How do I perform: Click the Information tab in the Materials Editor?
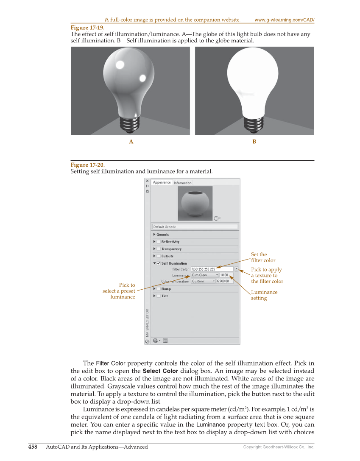[183, 183]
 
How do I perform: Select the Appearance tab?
[162, 182]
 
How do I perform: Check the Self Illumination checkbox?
[159, 263]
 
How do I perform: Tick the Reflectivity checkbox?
[159, 242]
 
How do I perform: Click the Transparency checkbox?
[159, 249]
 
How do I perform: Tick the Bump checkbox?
[159, 289]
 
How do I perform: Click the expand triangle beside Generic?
[154, 235]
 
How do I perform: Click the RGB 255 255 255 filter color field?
[212, 269]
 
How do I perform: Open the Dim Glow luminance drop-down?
[217, 275]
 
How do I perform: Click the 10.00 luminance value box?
[224, 275]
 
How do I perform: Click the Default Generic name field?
[195, 227]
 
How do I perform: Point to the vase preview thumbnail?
[195, 203]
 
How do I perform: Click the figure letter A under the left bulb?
[131, 142]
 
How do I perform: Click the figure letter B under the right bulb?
[254, 142]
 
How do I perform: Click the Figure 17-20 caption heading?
[87, 165]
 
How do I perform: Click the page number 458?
[33, 447]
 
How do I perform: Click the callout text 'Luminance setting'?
[264, 295]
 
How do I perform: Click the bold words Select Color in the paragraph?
[160, 371]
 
